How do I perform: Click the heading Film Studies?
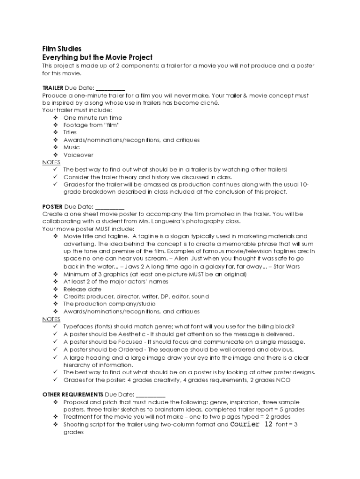[62, 49]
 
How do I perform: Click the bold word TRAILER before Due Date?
[52, 88]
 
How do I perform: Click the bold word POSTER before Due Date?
[52, 206]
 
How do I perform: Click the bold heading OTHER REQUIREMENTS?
[72, 394]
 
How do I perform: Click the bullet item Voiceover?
[78, 155]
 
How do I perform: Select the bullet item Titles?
[70, 132]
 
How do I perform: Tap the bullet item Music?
[72, 147]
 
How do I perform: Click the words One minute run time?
[93, 118]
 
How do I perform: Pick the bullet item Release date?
[82, 289]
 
